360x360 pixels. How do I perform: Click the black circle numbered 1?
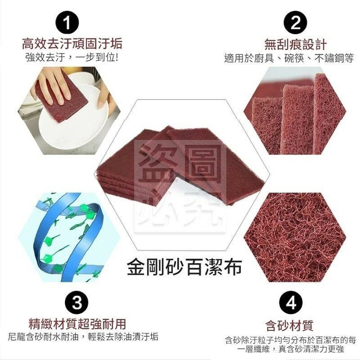67,23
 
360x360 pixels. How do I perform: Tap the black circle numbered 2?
295,23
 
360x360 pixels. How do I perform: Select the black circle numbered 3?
77,303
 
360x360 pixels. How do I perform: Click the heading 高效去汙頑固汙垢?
72,44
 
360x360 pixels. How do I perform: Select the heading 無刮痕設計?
296,44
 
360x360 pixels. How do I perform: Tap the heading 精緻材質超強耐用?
77,324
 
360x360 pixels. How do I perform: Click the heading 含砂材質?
289,325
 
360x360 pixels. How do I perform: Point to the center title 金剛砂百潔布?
184,267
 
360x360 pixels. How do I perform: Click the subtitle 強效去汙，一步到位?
72,58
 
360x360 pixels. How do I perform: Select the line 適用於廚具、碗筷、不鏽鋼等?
289,58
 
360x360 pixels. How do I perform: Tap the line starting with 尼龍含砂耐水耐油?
83,336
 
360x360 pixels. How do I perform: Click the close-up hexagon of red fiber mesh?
295,237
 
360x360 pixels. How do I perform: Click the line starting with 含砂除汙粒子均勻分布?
290,344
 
